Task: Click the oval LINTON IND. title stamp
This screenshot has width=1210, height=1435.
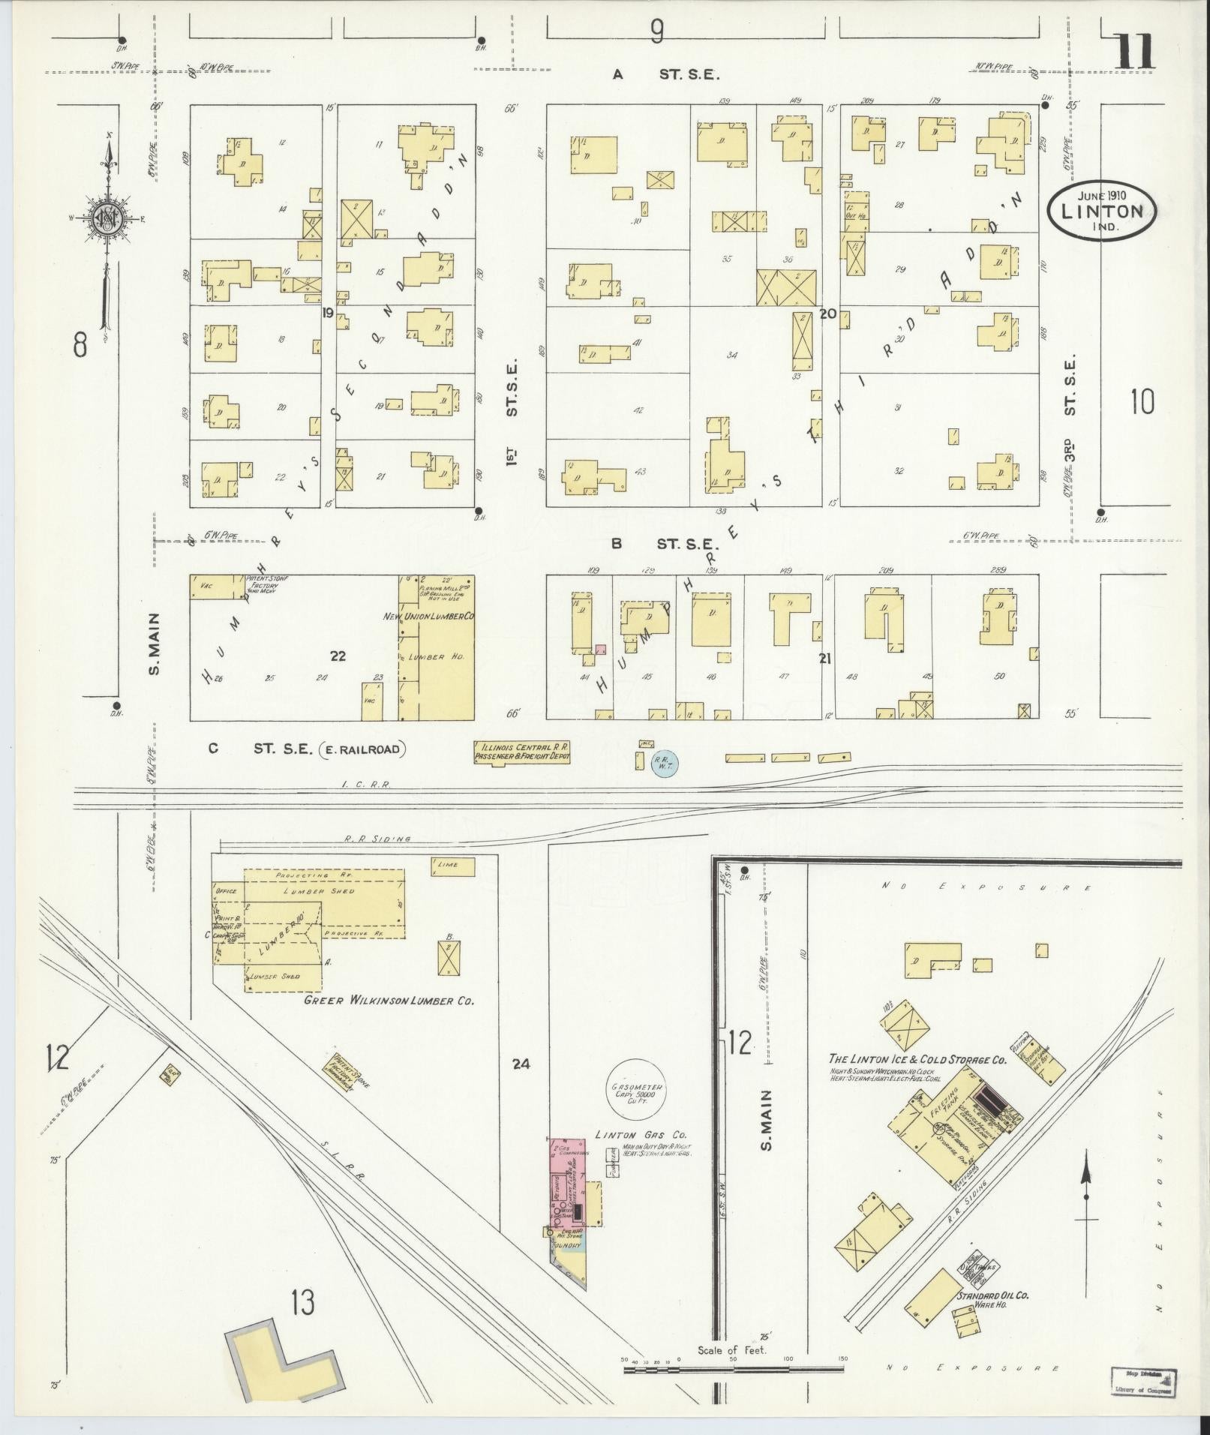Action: pos(1102,212)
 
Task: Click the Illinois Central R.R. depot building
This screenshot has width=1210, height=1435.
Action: pos(522,753)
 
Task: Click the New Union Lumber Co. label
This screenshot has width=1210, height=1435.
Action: pos(440,617)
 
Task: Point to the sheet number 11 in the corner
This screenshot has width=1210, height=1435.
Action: pos(1135,53)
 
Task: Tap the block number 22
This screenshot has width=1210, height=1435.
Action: pos(338,656)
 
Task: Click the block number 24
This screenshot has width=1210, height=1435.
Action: pos(522,1063)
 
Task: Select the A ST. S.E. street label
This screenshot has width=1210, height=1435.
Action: pos(666,74)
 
